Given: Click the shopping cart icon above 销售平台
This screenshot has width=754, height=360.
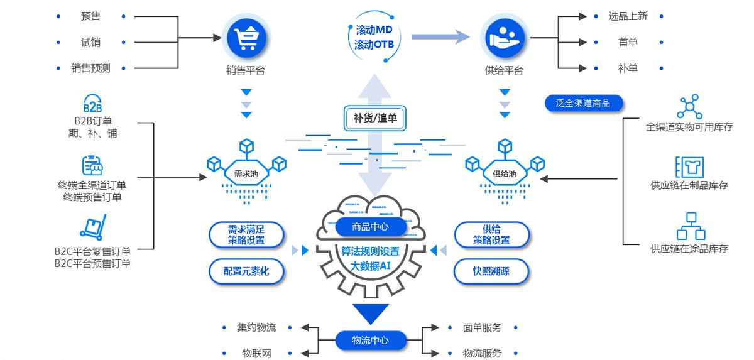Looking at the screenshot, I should click(x=246, y=38).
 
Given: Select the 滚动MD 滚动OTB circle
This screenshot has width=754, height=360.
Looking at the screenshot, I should click(x=374, y=38).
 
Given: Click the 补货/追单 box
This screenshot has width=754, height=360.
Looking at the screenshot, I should click(x=375, y=117).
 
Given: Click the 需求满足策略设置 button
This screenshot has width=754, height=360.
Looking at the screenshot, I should click(x=246, y=235).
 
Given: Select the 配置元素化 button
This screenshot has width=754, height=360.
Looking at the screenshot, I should click(x=246, y=271).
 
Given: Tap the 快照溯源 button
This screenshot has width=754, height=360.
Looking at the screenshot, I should click(x=491, y=271).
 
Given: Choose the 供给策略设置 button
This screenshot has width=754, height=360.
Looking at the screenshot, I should click(x=491, y=235).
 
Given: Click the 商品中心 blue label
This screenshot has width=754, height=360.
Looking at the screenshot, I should click(x=371, y=226).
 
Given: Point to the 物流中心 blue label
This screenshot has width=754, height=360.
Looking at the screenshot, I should click(x=370, y=341).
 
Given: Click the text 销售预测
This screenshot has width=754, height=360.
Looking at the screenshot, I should click(x=90, y=68).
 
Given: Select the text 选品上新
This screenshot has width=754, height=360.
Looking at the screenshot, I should click(x=627, y=16).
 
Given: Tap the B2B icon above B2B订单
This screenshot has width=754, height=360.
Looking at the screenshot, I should click(x=92, y=104).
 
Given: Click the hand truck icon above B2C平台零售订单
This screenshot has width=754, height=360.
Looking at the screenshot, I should click(x=92, y=229).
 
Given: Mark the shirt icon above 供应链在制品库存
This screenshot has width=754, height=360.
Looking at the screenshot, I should click(x=689, y=167).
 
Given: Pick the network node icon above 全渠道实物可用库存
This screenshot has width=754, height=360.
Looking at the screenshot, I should click(x=689, y=106).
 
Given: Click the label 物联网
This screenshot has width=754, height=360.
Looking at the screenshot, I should click(x=256, y=353).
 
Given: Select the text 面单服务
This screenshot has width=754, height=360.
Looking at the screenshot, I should click(x=482, y=327).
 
